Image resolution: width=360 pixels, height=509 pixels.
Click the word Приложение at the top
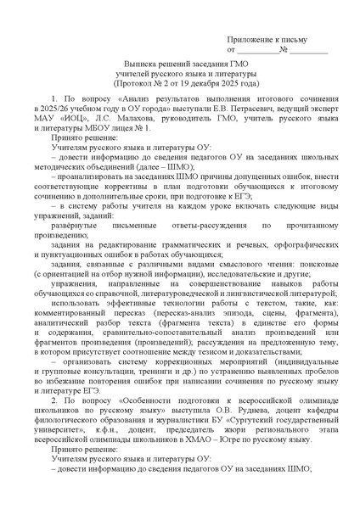pyautogui.click(x=254, y=40)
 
